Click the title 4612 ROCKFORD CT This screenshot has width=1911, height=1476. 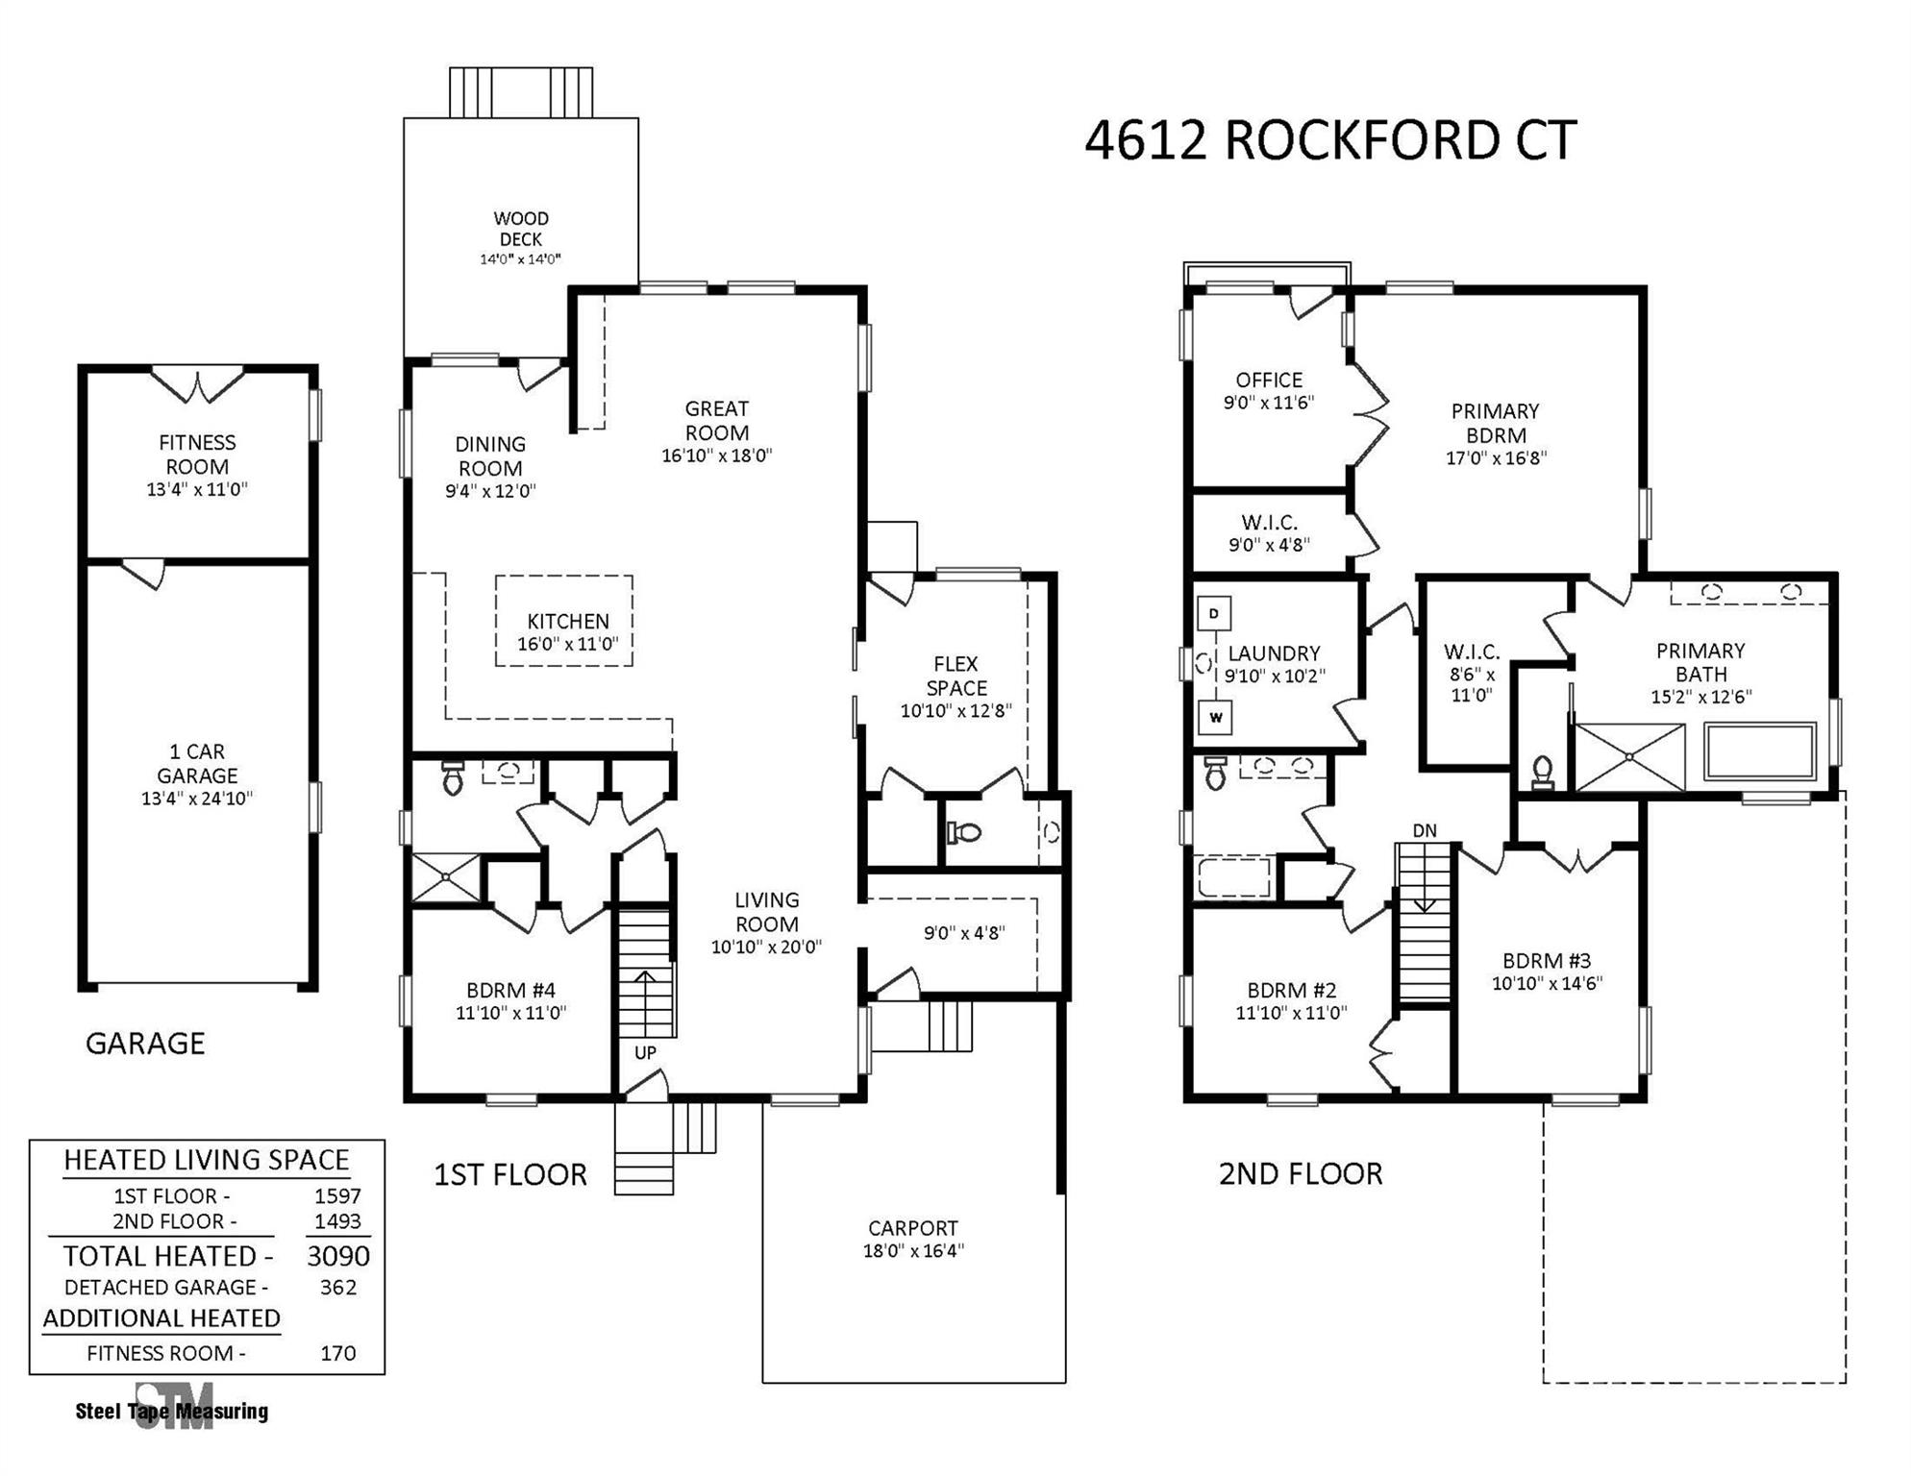pyautogui.click(x=1329, y=141)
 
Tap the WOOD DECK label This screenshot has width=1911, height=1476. pyautogui.click(x=521, y=229)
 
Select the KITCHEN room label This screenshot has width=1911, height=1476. pyautogui.click(x=567, y=622)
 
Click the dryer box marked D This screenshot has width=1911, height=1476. pyautogui.click(x=1214, y=613)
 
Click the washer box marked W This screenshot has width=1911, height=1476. pyautogui.click(x=1215, y=718)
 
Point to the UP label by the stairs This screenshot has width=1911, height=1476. pyautogui.click(x=645, y=1052)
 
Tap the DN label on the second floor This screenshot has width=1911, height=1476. pyautogui.click(x=1425, y=831)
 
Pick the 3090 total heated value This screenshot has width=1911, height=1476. pyautogui.click(x=338, y=1256)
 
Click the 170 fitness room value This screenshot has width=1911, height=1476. pyautogui.click(x=338, y=1353)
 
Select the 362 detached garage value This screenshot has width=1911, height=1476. pyautogui.click(x=338, y=1288)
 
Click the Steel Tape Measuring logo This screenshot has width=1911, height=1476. pyautogui.click(x=173, y=1409)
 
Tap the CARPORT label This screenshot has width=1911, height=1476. pyautogui.click(x=912, y=1228)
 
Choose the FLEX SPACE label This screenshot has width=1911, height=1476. pyautogui.click(x=956, y=676)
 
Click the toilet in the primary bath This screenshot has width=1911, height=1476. pyautogui.click(x=1542, y=772)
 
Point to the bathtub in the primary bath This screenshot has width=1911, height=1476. pyautogui.click(x=1759, y=751)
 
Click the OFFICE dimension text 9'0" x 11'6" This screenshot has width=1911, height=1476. pyautogui.click(x=1268, y=403)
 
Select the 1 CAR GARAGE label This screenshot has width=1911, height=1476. pyautogui.click(x=197, y=763)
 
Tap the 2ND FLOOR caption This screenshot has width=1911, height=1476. pyautogui.click(x=1301, y=1173)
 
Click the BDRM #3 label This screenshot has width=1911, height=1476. pyautogui.click(x=1547, y=960)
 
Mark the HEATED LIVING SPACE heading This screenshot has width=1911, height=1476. pyautogui.click(x=207, y=1160)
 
